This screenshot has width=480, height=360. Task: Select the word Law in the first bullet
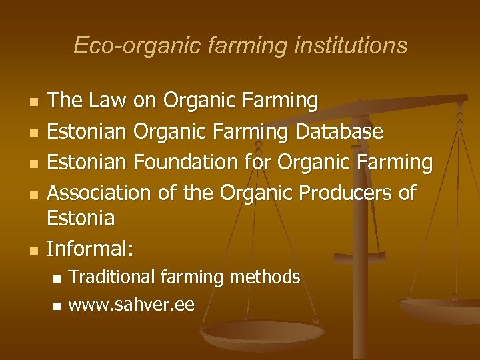[105, 101]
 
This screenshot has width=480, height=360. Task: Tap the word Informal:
[91, 249]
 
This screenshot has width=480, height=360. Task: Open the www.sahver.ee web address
[131, 305]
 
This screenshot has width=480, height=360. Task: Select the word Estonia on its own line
[81, 218]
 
